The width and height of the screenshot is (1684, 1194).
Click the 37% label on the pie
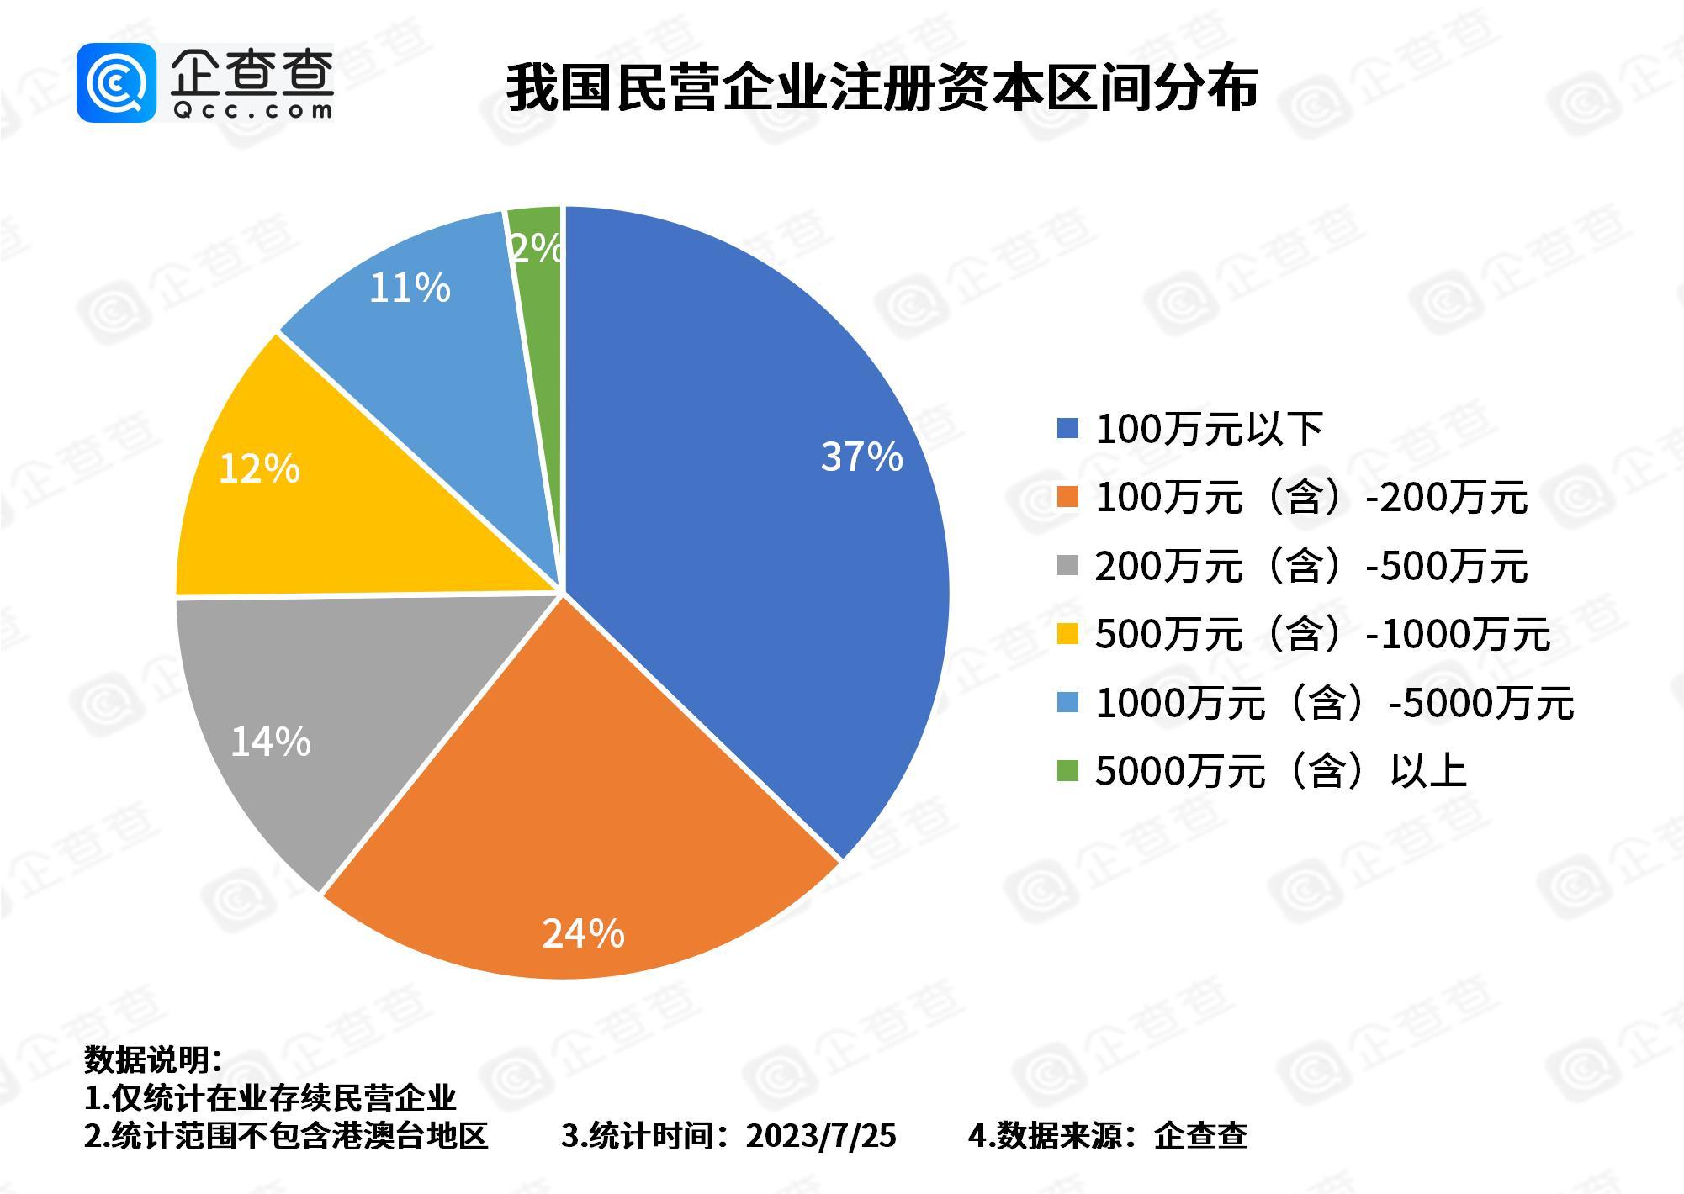[x=861, y=457]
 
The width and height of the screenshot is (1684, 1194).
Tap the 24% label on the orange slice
[x=583, y=933]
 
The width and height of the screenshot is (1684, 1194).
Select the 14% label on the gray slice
[x=270, y=742]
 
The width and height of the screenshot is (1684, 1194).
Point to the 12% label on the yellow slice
[x=258, y=468]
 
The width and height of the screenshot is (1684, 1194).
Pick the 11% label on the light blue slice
[x=410, y=288]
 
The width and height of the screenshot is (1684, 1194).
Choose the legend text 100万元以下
[x=1209, y=430]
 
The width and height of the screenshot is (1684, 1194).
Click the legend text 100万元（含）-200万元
[x=1311, y=498]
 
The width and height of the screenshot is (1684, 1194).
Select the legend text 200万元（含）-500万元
[x=1311, y=566]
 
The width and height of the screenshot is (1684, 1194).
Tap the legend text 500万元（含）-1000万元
[x=1321, y=634]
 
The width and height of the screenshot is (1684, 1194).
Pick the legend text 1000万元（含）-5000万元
[x=1333, y=703]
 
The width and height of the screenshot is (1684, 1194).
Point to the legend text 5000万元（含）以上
[x=1280, y=771]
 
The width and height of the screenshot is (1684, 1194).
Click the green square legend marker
[x=1067, y=771]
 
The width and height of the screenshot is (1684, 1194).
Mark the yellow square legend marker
[x=1067, y=634]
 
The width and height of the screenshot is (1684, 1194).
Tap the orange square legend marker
[x=1067, y=498]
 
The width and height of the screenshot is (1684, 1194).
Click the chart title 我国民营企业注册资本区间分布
[x=881, y=87]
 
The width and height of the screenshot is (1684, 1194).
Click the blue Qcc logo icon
[x=116, y=82]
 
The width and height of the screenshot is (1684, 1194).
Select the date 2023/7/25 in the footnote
[x=821, y=1136]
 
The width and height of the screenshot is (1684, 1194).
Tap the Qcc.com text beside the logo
[x=252, y=110]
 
